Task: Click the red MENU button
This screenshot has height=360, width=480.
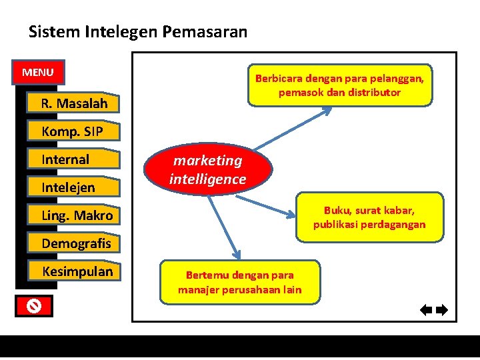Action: pyautogui.click(x=37, y=72)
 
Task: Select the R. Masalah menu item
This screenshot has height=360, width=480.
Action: pyautogui.click(x=74, y=103)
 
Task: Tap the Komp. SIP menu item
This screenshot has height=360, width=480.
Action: pyautogui.click(x=72, y=131)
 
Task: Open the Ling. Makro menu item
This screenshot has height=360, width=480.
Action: pyautogui.click(x=77, y=215)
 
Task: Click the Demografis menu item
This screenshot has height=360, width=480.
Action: pyautogui.click(x=76, y=243)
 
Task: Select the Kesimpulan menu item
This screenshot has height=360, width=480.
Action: pyautogui.click(x=77, y=271)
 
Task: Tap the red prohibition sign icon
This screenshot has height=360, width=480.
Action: pyautogui.click(x=35, y=306)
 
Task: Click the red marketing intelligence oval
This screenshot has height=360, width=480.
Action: pyautogui.click(x=207, y=170)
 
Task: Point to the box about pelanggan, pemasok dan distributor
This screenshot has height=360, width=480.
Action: pyautogui.click(x=339, y=85)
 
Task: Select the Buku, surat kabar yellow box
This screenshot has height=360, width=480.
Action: pyautogui.click(x=369, y=217)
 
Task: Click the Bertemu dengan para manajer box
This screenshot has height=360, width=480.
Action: pyautogui.click(x=239, y=283)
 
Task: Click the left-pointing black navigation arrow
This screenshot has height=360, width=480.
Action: pyautogui.click(x=427, y=309)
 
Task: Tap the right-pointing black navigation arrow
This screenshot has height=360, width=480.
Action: pyautogui.click(x=441, y=309)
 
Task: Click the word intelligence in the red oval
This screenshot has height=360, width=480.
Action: pyautogui.click(x=207, y=179)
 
